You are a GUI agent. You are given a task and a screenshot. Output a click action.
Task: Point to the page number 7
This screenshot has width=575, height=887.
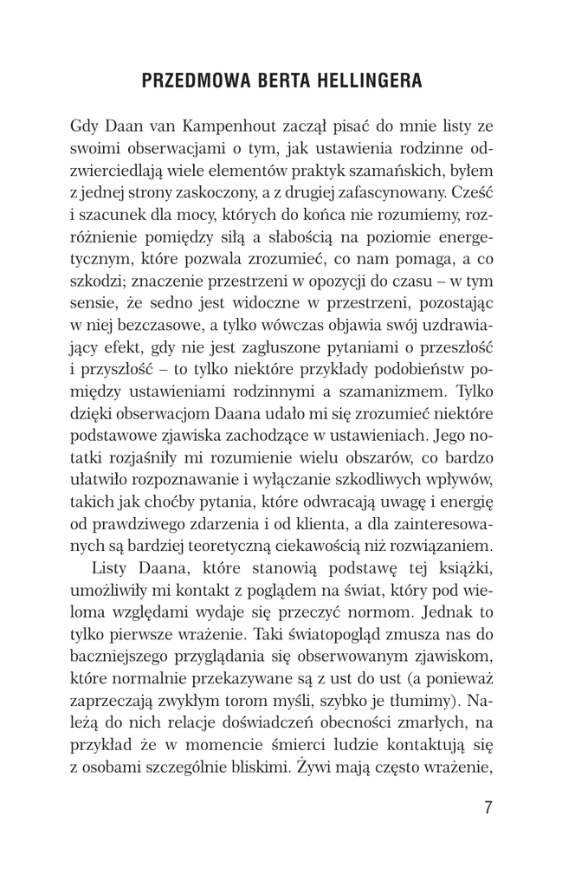click(489, 808)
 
